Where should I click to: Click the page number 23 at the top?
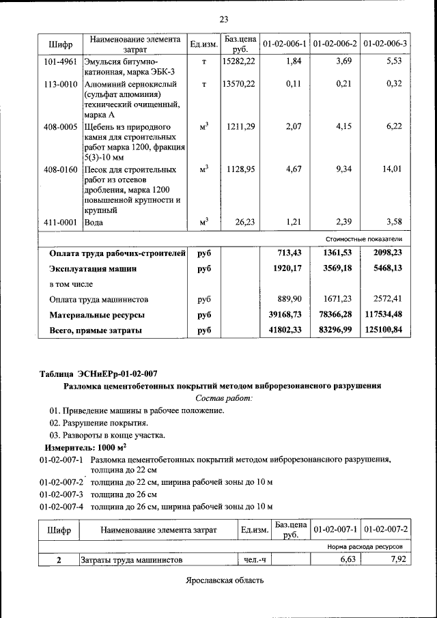coord(223,19)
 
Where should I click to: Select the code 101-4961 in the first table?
coord(59,61)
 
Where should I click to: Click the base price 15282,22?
coord(238,61)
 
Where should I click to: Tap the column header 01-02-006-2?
coord(335,44)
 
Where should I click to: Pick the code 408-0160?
coord(59,169)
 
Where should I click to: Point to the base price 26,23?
coord(243,221)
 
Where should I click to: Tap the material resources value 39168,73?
coord(285,315)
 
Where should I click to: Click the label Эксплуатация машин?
coord(93,269)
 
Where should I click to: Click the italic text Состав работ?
coord(223,397)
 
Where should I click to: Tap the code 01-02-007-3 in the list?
coord(61,494)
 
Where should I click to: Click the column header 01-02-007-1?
coord(336,529)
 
